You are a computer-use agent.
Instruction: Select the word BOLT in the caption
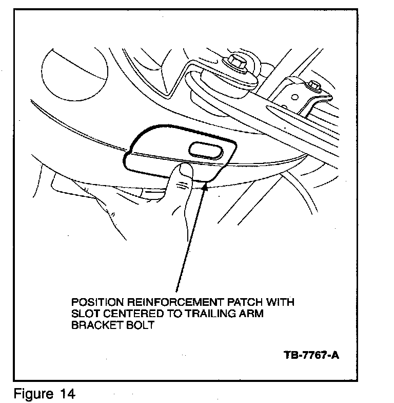point(137,326)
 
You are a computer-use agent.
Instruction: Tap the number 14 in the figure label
point(66,394)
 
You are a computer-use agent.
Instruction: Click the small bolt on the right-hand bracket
point(311,85)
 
